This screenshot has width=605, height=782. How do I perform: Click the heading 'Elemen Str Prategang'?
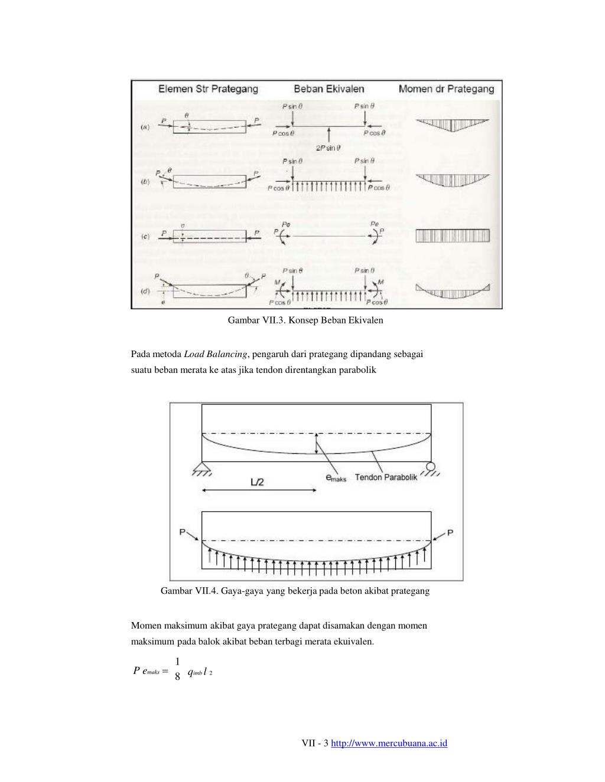208,89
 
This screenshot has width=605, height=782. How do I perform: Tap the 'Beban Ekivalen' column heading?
329,89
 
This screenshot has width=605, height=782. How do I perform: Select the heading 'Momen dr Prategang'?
446,89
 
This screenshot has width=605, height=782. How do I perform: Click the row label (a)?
145,127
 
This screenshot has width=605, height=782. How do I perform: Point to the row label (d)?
145,291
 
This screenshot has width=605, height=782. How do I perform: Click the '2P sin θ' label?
328,148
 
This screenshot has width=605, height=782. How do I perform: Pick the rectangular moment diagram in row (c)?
453,236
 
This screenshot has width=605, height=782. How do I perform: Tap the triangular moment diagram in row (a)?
452,125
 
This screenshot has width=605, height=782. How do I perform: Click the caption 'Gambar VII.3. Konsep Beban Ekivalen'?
305,320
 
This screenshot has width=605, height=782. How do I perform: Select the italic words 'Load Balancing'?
215,354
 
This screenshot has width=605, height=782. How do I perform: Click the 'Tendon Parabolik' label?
386,477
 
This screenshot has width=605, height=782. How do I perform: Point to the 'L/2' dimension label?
258,482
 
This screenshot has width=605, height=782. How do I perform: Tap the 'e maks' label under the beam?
336,478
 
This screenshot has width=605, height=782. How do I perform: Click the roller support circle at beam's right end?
431,467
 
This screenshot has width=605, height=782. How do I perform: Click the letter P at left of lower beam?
183,533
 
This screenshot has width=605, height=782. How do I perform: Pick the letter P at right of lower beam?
450,533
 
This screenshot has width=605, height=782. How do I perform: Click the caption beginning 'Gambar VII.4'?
295,591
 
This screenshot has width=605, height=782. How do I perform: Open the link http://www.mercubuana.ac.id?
389,743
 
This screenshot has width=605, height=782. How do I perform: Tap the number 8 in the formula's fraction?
177,678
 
